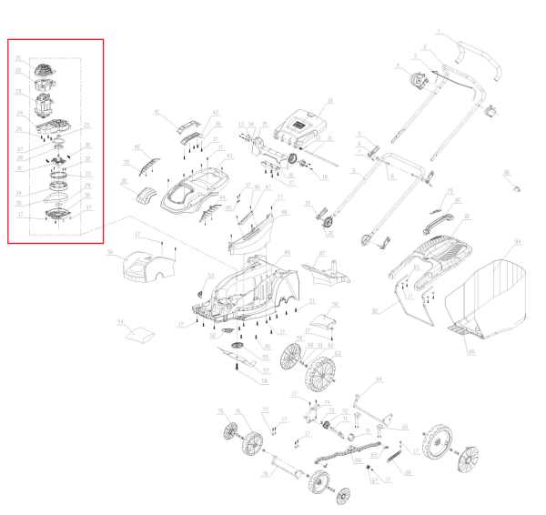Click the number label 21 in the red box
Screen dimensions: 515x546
(x=17, y=57)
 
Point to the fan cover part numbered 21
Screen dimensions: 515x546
(x=47, y=66)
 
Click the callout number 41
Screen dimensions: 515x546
(x=157, y=112)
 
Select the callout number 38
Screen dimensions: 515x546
(x=125, y=182)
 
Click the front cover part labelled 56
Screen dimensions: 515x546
(x=148, y=263)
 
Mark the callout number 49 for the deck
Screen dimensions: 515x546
(x=288, y=252)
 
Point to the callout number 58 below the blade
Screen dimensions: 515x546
(x=265, y=381)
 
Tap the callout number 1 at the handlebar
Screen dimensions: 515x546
(x=437, y=32)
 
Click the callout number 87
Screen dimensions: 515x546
(x=322, y=251)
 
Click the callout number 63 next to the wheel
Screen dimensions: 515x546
(x=337, y=352)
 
